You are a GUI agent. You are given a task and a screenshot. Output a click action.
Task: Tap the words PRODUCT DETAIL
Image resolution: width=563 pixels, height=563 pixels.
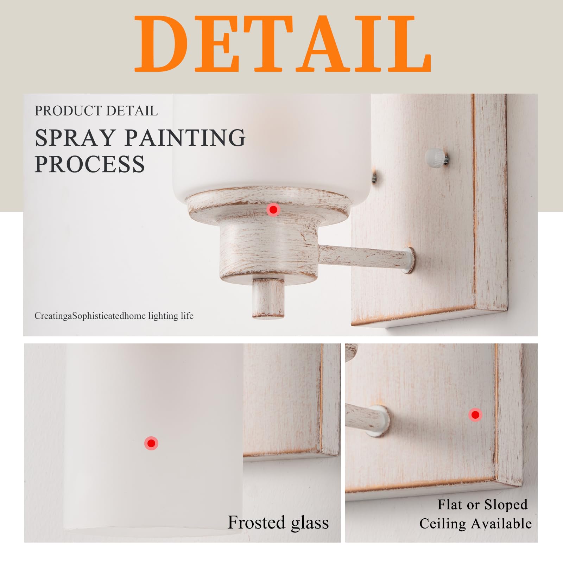(x=96, y=111)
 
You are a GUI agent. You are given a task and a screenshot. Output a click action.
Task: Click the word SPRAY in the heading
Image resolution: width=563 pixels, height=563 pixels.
(x=75, y=138)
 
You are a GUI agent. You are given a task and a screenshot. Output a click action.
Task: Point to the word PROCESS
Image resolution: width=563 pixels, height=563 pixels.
(x=90, y=164)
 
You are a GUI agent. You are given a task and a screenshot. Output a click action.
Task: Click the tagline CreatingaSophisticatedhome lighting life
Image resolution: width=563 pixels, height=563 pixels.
(x=114, y=316)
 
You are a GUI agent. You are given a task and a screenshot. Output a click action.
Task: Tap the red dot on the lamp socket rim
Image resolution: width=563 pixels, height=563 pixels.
(x=273, y=210)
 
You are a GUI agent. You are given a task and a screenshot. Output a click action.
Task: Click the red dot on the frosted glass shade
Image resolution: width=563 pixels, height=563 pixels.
(x=151, y=443)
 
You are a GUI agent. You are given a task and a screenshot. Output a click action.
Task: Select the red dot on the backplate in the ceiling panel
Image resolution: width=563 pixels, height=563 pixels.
(x=475, y=415)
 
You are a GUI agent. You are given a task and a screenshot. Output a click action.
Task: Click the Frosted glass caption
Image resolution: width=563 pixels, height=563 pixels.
(x=278, y=522)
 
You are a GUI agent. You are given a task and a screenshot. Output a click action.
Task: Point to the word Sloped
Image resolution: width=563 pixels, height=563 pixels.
(x=506, y=505)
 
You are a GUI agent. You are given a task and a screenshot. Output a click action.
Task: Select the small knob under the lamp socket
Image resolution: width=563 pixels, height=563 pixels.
(x=268, y=298)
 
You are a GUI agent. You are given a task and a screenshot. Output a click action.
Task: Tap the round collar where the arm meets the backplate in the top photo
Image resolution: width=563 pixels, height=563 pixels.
(x=409, y=260)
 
